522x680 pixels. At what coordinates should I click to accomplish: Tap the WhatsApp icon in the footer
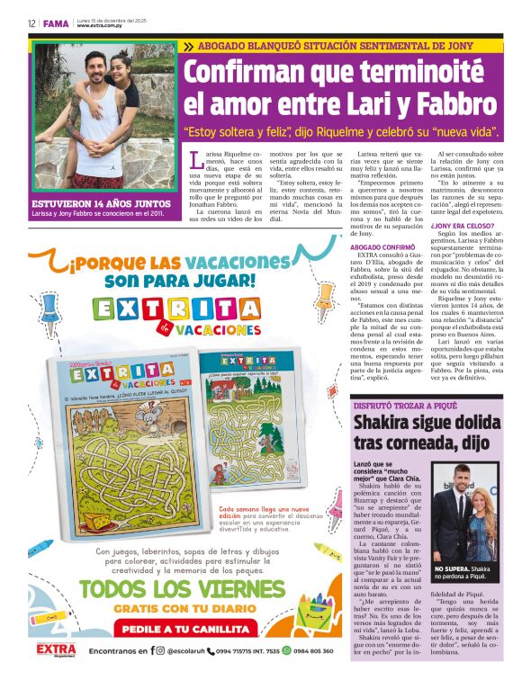pyautogui.click(x=286, y=650)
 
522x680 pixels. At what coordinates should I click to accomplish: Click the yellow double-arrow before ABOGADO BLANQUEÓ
pyautogui.click(x=189, y=45)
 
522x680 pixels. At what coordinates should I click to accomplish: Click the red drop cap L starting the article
pyautogui.click(x=196, y=161)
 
